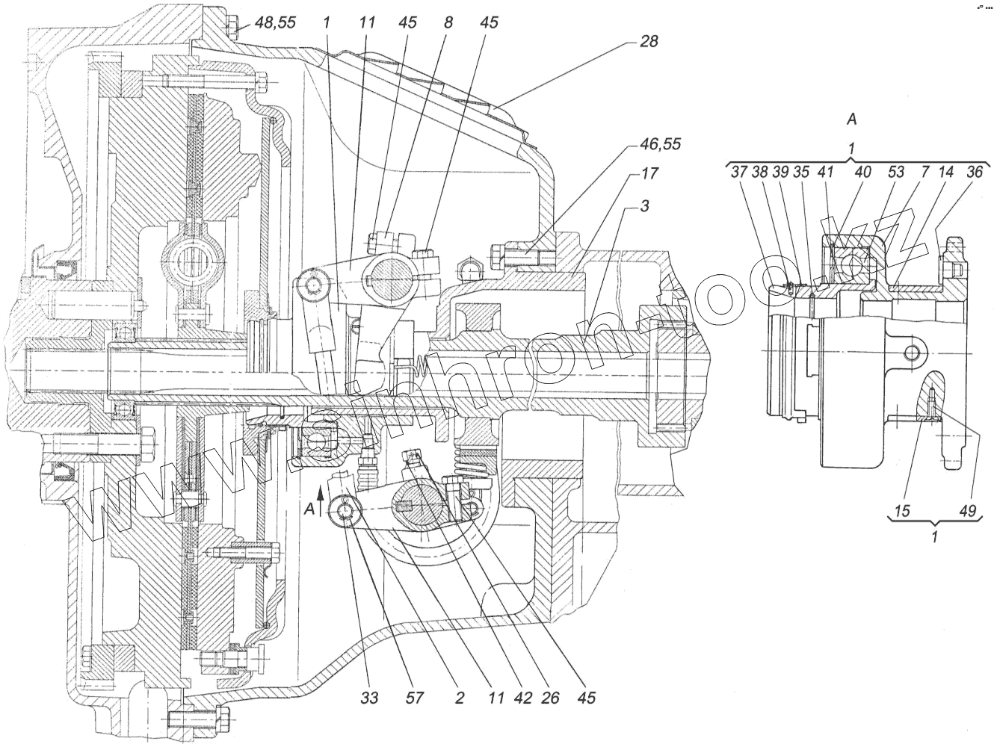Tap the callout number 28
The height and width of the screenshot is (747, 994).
pos(649,41)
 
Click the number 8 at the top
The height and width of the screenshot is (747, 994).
pos(448,22)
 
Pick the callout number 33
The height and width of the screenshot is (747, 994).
pos(369,698)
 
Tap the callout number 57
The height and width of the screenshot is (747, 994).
pos(414,698)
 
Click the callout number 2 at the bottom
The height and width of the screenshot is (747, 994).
pos(459,698)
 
